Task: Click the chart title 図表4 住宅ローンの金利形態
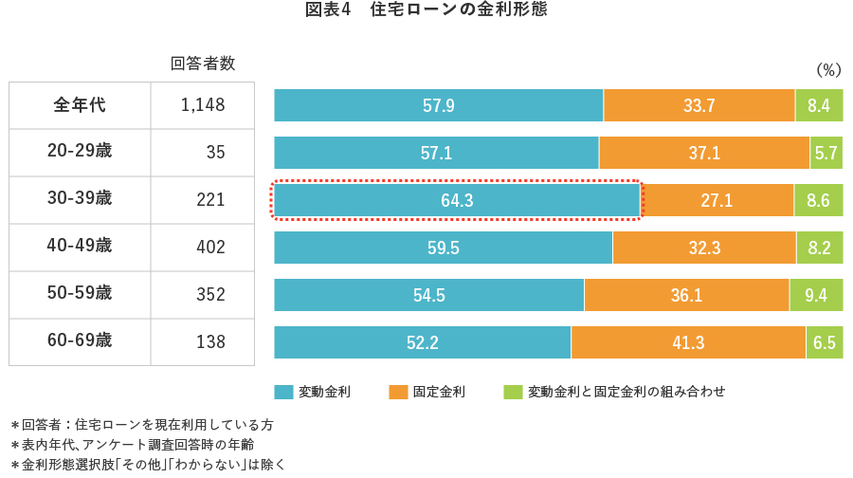click(x=426, y=11)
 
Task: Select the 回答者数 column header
click(x=203, y=64)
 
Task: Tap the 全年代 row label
click(x=80, y=104)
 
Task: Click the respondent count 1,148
click(x=203, y=105)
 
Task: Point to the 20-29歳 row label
click(x=80, y=152)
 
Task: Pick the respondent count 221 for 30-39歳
click(x=209, y=199)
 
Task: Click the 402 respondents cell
click(x=209, y=247)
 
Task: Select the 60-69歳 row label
click(x=80, y=340)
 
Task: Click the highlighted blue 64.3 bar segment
click(x=457, y=200)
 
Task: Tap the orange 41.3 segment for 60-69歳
click(x=688, y=342)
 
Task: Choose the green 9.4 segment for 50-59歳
click(x=816, y=295)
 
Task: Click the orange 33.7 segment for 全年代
click(x=699, y=105)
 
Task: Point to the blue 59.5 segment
click(x=443, y=248)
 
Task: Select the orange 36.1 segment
click(x=686, y=295)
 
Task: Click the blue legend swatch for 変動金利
click(x=283, y=392)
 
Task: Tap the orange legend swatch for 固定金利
click(x=398, y=392)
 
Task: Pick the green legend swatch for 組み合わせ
click(x=513, y=392)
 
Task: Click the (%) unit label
click(x=828, y=70)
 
